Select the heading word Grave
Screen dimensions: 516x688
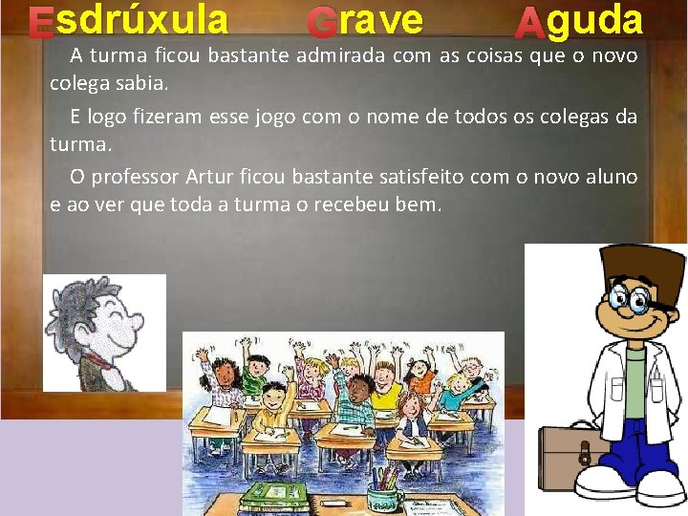pos(366,21)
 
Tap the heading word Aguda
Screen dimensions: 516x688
pos(578,21)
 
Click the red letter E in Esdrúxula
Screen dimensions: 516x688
pos(40,24)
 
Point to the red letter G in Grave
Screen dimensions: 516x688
pos(323,23)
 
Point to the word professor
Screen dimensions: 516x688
pos(133,177)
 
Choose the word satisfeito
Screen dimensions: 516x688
pos(426,177)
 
